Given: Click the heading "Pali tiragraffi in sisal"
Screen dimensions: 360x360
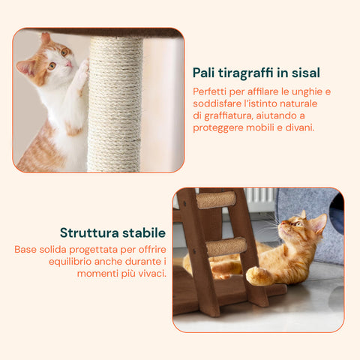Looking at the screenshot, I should (x=256, y=73).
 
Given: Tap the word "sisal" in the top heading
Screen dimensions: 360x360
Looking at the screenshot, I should (x=306, y=73).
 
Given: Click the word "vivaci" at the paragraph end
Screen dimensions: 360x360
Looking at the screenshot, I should (x=148, y=273).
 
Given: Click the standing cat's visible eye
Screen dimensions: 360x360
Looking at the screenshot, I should (x=63, y=52).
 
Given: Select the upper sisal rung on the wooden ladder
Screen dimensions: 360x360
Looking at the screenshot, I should (x=215, y=199).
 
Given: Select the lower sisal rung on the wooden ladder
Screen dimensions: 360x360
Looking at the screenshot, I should (x=226, y=246).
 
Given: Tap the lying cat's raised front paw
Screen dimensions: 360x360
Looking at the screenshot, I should (x=259, y=276).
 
